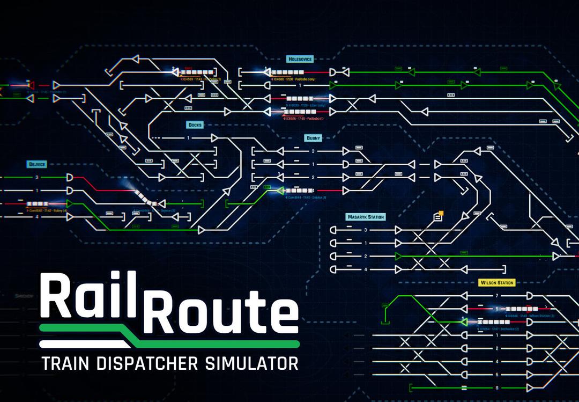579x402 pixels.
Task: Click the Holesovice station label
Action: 299,59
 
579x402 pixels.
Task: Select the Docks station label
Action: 195,125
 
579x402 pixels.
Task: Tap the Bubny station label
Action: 313,138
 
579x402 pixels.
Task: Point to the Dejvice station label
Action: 37,164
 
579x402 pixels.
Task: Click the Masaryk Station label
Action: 366,217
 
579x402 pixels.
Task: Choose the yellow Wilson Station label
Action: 496,282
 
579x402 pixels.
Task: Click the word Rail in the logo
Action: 88,297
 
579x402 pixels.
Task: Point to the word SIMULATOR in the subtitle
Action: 251,363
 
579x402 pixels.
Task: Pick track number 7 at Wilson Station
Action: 497,296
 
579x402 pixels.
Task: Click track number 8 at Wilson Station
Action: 497,388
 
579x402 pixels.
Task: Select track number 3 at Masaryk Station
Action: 366,230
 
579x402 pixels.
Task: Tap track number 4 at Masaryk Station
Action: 366,269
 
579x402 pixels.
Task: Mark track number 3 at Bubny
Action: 314,151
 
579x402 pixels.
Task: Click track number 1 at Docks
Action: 188,138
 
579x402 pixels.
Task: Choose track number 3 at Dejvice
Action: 37,177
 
